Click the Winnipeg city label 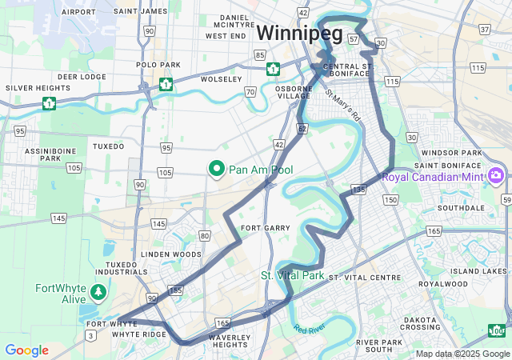299,34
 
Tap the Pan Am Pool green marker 216,170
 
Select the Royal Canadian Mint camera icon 496,175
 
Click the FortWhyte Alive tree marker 98,292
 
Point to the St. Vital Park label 292,275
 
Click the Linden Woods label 171,254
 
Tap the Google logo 26,350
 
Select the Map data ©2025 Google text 462,354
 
